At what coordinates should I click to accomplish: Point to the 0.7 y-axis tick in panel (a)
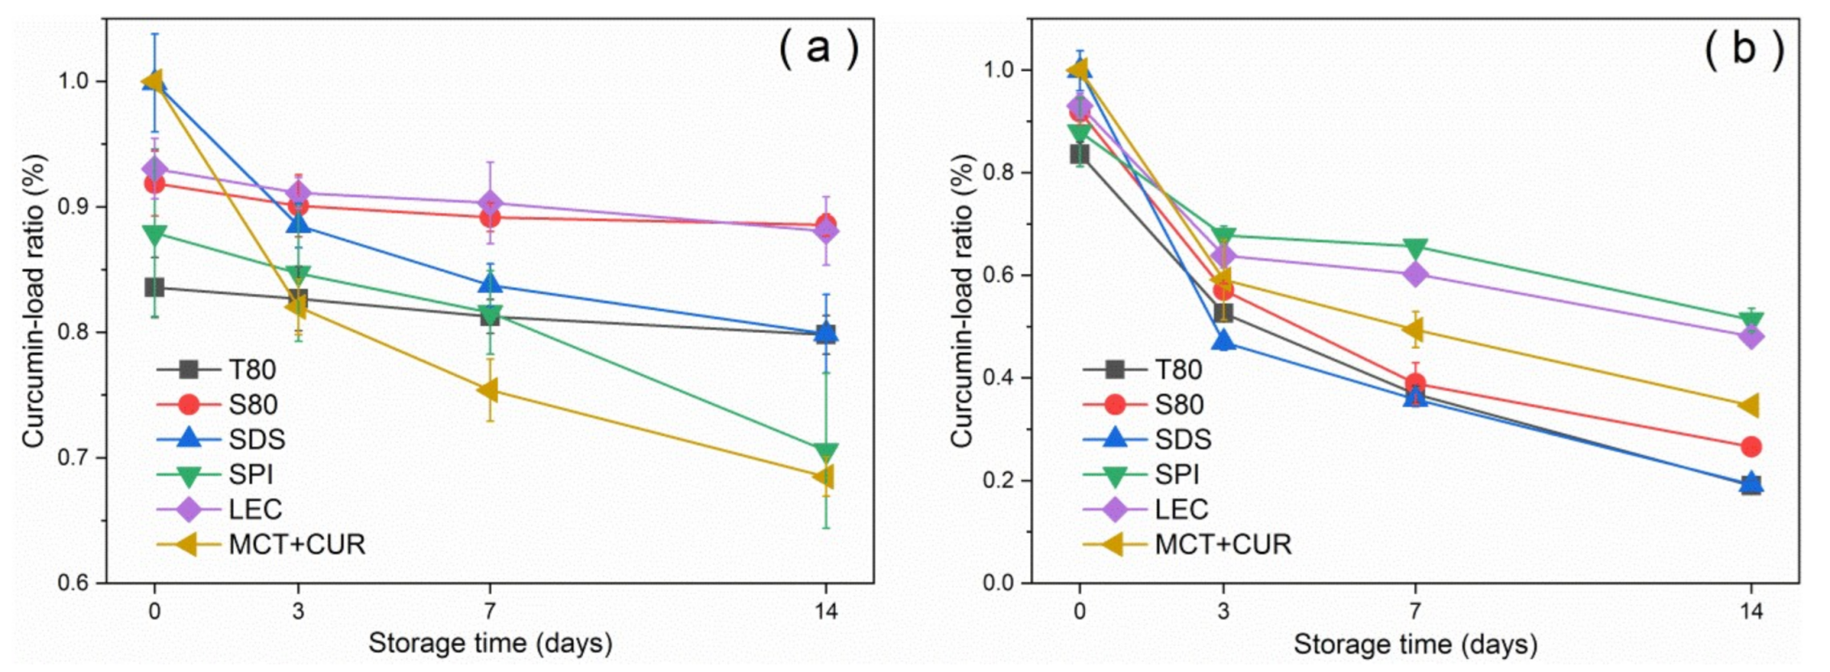(78, 457)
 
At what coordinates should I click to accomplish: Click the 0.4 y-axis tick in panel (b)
(1003, 378)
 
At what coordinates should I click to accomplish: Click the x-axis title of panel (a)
(490, 644)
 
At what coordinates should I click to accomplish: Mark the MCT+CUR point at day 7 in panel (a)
(488, 390)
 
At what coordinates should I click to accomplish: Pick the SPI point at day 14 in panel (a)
(825, 452)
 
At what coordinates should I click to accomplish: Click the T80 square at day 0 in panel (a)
(154, 287)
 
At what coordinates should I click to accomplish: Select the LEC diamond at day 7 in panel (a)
(489, 203)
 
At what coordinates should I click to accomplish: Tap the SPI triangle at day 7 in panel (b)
(1415, 247)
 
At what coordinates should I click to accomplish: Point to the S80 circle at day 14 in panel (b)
(1751, 446)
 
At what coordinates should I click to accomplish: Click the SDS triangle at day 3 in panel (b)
(1224, 341)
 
